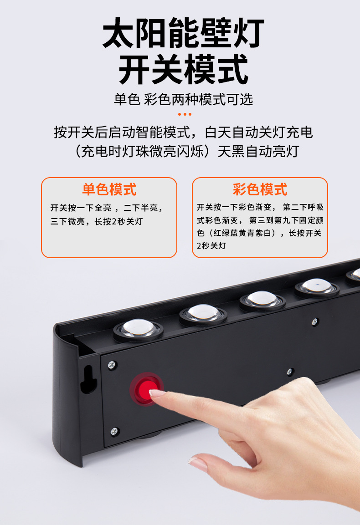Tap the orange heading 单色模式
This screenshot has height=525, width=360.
109,189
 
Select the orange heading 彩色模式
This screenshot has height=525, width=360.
260,189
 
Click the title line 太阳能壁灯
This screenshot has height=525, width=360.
183,34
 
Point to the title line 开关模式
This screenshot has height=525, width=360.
183,69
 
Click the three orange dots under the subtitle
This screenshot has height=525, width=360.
185,114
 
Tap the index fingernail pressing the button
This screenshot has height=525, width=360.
157,392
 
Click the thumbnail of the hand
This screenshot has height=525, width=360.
199,464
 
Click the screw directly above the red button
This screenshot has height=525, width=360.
112,364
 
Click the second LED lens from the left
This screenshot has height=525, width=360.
203,313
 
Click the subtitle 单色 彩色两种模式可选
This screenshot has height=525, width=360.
183,99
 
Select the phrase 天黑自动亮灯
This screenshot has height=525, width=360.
258,151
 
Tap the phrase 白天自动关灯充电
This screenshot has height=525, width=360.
259,133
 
